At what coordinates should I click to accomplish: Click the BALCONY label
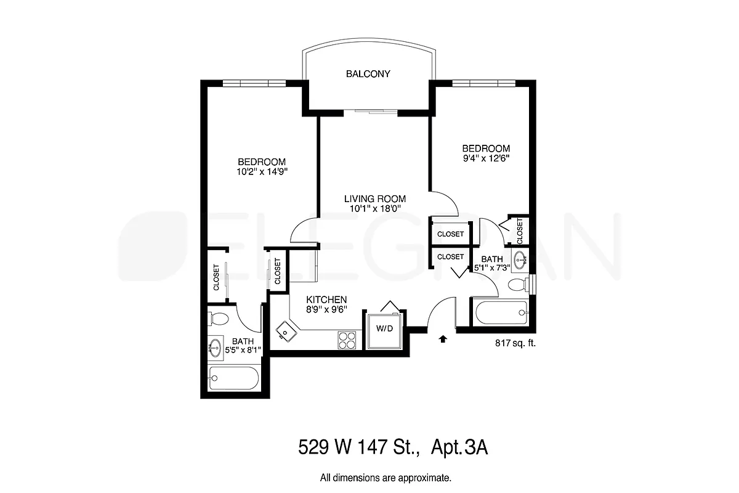(368, 74)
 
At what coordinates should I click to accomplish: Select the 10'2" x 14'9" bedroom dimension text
(262, 172)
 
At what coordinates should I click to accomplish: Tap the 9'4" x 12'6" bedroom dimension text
(486, 158)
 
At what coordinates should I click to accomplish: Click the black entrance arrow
(442, 338)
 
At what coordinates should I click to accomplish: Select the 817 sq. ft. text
(515, 344)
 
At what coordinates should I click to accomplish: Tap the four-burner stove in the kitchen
(347, 339)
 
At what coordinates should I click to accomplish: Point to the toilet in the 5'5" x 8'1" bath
(217, 319)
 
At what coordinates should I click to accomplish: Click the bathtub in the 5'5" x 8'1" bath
(233, 377)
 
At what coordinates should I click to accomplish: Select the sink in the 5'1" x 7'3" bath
(520, 261)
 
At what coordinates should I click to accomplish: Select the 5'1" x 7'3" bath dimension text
(492, 269)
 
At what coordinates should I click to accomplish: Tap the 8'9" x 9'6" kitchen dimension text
(323, 311)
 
